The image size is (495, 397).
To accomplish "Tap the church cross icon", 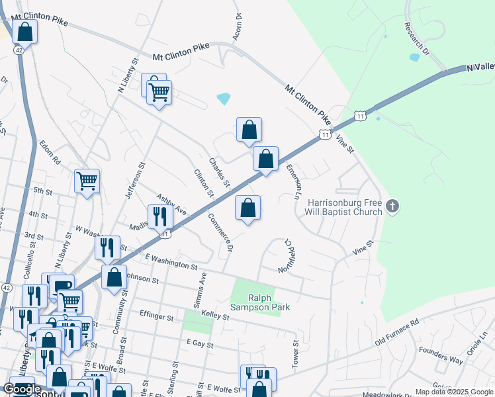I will [392, 207].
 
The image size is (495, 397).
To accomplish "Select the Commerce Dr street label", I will [222, 232].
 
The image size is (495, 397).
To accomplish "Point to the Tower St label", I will [296, 354].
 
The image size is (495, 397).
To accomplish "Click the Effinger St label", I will [156, 318].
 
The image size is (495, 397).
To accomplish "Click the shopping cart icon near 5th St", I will [87, 179].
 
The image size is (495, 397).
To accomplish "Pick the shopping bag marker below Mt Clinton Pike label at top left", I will [24, 31].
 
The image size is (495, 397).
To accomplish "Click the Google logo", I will [22, 389].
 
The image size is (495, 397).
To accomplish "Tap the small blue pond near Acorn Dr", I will [224, 99].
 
